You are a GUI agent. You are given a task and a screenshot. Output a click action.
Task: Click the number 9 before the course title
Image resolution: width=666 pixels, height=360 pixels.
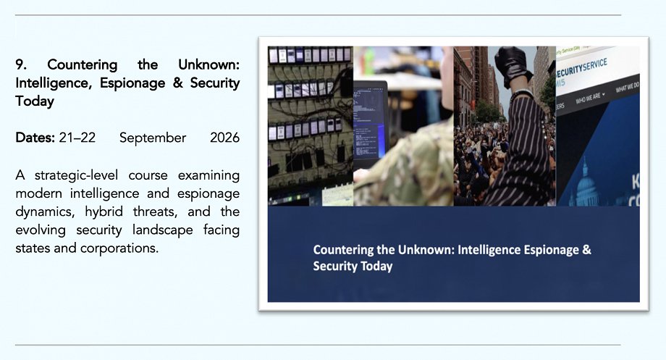(20, 64)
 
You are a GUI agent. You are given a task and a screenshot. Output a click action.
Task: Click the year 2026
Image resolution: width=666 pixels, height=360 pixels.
(224, 138)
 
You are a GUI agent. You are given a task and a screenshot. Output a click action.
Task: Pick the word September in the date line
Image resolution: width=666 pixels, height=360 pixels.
(153, 138)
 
